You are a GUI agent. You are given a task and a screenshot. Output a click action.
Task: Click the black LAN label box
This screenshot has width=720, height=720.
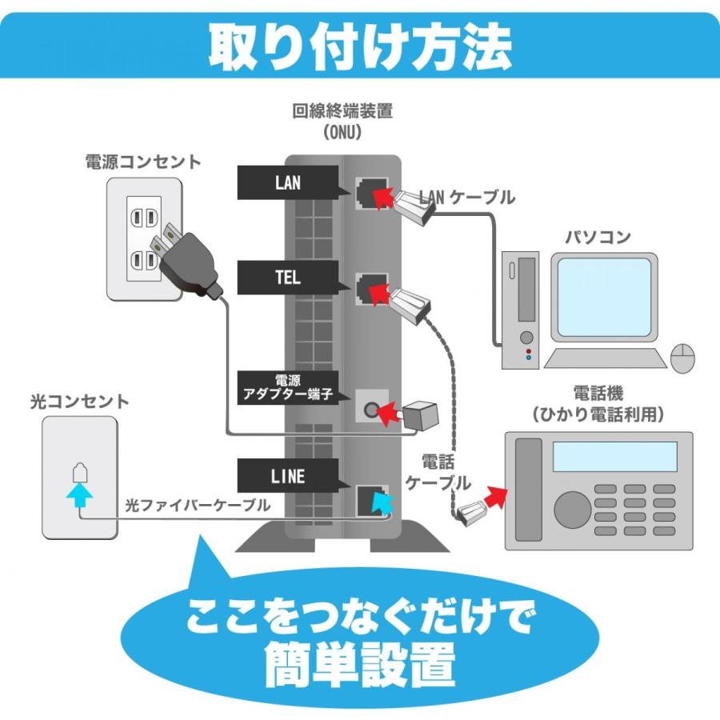pos(287,183)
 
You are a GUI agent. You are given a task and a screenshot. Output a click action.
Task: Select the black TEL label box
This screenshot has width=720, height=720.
pos(287,278)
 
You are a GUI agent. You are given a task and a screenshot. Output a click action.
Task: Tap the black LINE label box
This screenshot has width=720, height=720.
pos(287,477)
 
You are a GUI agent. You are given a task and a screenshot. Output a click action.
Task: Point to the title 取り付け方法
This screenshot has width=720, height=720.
pos(359,46)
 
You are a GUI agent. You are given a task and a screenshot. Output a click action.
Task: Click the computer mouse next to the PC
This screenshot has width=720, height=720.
pos(682,358)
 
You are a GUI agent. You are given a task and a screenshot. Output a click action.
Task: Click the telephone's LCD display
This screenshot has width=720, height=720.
pos(615,457)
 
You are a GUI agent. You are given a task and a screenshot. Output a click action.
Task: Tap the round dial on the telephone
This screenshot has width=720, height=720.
pos(573,506)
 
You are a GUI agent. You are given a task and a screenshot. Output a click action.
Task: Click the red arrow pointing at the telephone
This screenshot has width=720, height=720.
pos(497,497)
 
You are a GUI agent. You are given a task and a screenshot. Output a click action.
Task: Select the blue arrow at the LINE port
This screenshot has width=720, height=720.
pos(382,502)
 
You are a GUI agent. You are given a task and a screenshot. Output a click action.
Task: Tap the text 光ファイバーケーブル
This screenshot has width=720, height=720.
pos(197,506)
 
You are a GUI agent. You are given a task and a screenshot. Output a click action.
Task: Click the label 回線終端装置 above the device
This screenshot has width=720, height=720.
pos(342,111)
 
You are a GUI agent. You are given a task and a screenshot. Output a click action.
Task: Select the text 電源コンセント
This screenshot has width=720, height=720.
pos(143,162)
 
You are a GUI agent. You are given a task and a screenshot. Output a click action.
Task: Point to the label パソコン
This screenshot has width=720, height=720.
pos(598,237)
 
